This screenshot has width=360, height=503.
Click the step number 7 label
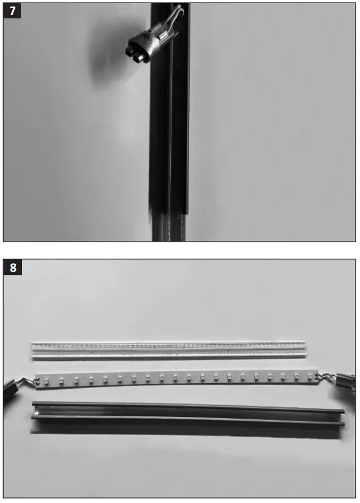12,11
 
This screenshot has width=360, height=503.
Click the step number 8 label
12,267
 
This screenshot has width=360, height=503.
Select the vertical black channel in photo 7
170,123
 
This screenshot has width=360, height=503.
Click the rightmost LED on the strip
310,376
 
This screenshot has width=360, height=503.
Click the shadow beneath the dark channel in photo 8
184,433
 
